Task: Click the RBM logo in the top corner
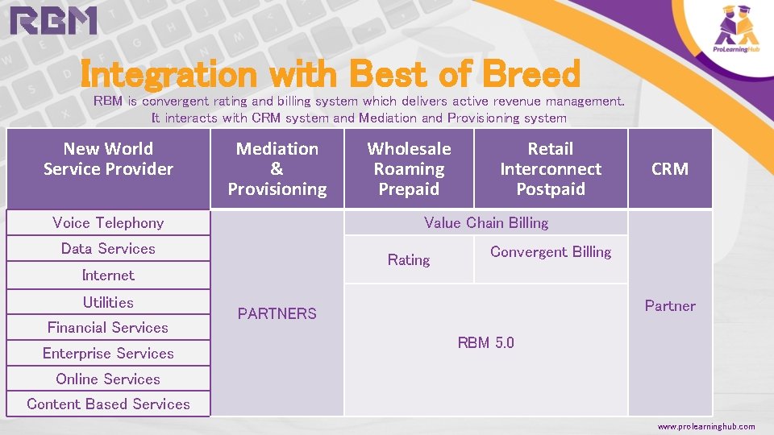pos(54,21)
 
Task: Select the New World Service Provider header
pos(108,159)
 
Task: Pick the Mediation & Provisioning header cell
pos(277,169)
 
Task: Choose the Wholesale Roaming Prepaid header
pos(409,169)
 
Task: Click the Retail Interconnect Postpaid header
pos(551,169)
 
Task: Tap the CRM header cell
pos(669,169)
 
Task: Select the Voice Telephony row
pos(108,223)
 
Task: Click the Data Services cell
pos(108,249)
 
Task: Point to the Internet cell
pos(108,275)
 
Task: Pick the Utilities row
pos(108,303)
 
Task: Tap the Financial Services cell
pos(108,328)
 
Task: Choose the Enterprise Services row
pos(108,354)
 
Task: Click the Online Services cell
pos(108,379)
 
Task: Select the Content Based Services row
pos(108,404)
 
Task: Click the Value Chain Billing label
pos(485,223)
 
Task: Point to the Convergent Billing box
pos(551,252)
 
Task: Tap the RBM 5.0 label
pos(485,343)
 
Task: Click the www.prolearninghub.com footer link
pos(706,426)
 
